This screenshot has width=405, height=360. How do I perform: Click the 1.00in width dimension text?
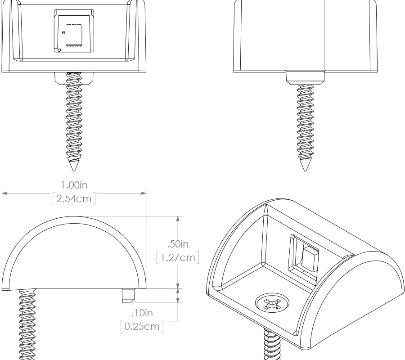click(x=75, y=185)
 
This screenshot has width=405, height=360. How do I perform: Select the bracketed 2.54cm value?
click(x=75, y=198)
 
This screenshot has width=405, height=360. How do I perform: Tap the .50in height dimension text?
click(x=177, y=245)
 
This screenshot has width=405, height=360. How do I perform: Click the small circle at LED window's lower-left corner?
click(x=60, y=49)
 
